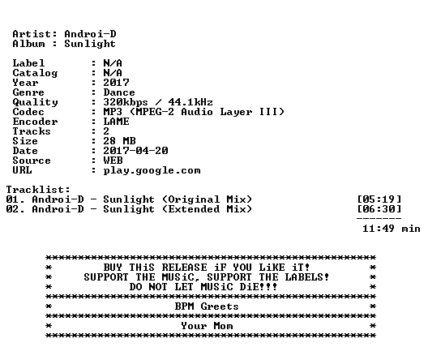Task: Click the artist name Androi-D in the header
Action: (x=90, y=34)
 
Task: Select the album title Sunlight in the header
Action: (x=90, y=44)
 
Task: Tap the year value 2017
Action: (x=116, y=83)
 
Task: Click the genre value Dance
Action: (x=119, y=92)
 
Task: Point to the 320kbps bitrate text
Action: (x=126, y=102)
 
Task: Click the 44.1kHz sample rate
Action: (x=190, y=102)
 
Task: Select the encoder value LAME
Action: (x=116, y=122)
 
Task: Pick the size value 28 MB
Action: (x=119, y=141)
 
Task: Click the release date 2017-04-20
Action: (x=135, y=151)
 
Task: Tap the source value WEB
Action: (x=113, y=161)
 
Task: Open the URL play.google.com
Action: (x=152, y=170)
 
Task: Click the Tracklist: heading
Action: (x=38, y=190)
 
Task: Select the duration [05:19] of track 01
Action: (x=379, y=199)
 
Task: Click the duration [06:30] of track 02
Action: (x=379, y=209)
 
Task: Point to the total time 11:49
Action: (x=379, y=229)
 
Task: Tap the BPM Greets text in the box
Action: (x=207, y=306)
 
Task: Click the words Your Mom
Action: (x=207, y=326)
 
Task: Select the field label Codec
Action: (x=28, y=112)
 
